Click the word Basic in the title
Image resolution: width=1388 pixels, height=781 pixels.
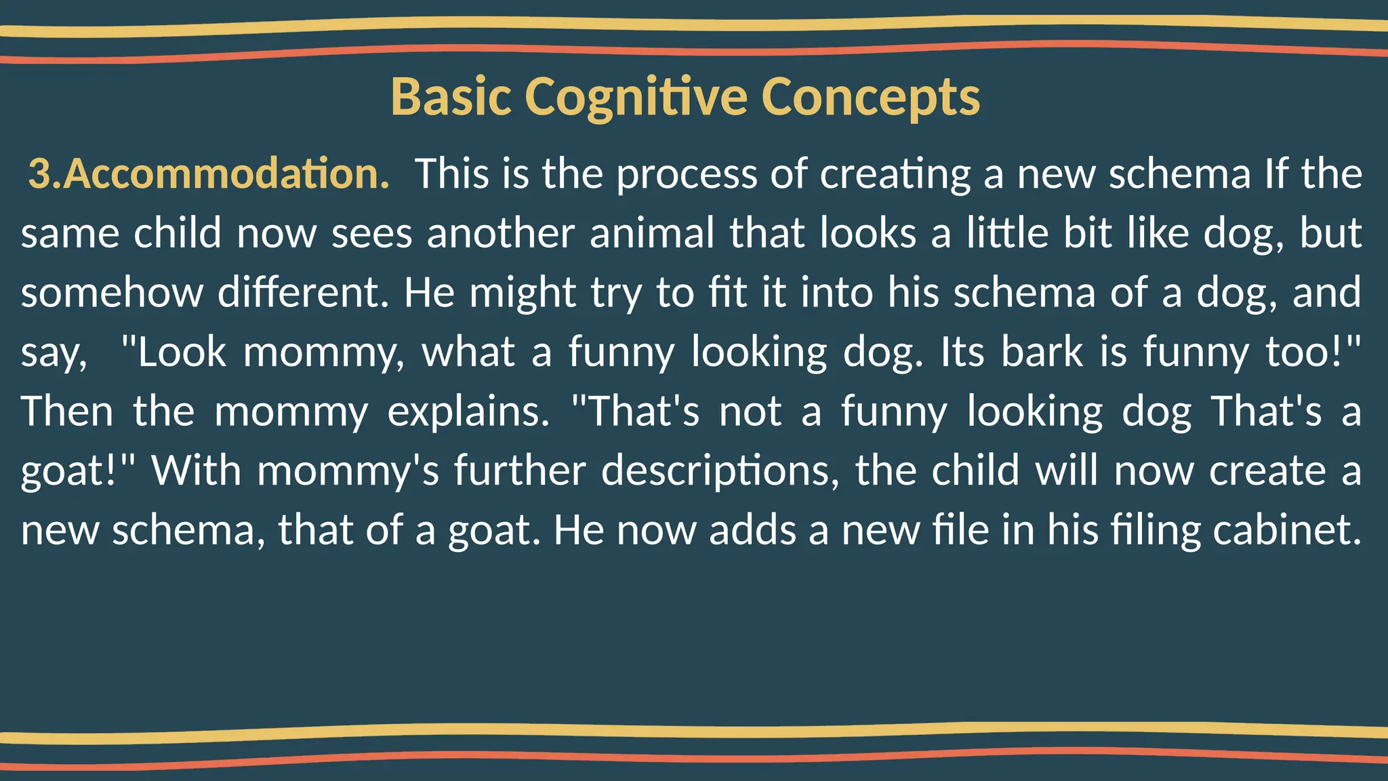pyautogui.click(x=451, y=97)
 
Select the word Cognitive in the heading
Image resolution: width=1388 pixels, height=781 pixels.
pyautogui.click(x=636, y=97)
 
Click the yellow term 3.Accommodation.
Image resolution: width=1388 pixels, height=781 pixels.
pyautogui.click(x=209, y=174)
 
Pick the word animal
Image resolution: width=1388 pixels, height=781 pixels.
pyautogui.click(x=652, y=233)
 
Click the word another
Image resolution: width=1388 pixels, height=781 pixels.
pyautogui.click(x=501, y=233)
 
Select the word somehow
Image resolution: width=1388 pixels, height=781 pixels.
pyautogui.click(x=112, y=292)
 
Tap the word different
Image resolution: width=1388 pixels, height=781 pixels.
pyautogui.click(x=303, y=292)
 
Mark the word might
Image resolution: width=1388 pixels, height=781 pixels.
pyautogui.click(x=522, y=294)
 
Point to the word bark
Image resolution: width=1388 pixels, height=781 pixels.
pyautogui.click(x=1042, y=352)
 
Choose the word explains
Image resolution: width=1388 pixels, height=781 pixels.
pyautogui.click(x=468, y=412)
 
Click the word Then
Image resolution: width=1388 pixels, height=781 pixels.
pyautogui.click(x=67, y=411)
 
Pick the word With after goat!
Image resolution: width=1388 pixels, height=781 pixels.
pyautogui.click(x=197, y=470)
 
